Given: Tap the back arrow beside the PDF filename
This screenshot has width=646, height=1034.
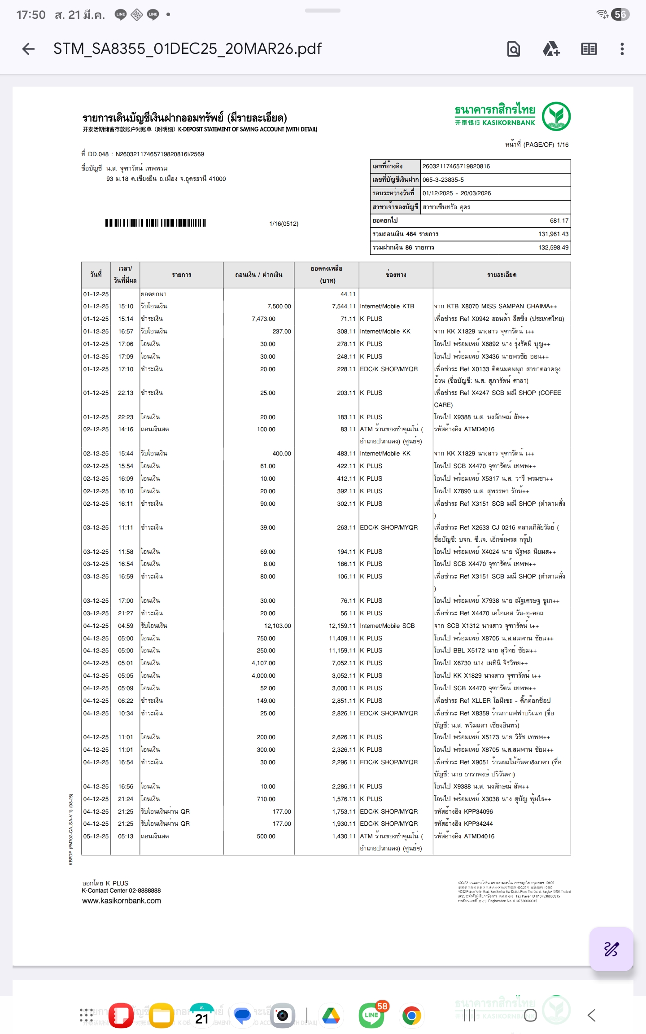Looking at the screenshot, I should [x=28, y=49].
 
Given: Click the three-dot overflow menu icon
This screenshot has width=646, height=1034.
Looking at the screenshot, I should [x=622, y=49].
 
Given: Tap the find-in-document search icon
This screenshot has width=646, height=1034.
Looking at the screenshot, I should [x=514, y=49].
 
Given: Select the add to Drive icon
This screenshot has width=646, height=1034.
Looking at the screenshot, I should [x=551, y=49].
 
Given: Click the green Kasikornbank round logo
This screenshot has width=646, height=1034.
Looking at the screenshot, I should [x=556, y=116].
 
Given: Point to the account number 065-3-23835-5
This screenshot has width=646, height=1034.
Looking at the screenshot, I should [x=443, y=180].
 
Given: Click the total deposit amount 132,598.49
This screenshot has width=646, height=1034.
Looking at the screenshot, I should [x=553, y=248].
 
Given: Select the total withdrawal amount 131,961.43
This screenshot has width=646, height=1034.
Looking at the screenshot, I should [x=553, y=234].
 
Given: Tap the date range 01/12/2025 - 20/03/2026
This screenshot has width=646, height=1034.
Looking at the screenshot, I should [x=456, y=193].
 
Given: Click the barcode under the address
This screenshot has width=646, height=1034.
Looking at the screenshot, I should [x=156, y=223].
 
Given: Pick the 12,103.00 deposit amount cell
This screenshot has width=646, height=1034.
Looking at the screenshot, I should [x=277, y=626].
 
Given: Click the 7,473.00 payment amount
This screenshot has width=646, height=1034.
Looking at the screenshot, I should [x=263, y=319].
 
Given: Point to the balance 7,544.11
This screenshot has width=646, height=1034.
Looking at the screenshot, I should [x=343, y=307].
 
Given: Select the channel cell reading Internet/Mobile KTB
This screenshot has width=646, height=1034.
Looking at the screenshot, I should [x=387, y=307].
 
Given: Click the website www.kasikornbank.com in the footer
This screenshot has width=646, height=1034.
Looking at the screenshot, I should [x=122, y=901].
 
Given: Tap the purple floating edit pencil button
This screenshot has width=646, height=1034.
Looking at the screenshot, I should [x=611, y=949].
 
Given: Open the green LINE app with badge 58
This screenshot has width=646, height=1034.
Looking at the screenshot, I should [x=371, y=1015].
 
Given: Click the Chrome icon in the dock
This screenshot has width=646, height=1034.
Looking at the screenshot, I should [x=411, y=1015].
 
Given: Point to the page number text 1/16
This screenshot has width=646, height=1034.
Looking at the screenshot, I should [x=562, y=145].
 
